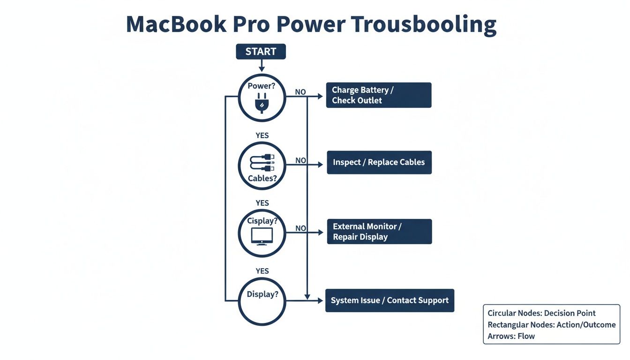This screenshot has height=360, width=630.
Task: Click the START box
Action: pyautogui.click(x=261, y=52)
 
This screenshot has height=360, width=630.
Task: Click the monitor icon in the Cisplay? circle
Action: pyautogui.click(x=262, y=236)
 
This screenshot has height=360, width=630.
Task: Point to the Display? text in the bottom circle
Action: pyautogui.click(x=262, y=294)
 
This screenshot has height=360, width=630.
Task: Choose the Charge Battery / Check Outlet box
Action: pyautogui.click(x=378, y=95)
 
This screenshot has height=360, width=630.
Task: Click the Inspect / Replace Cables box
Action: pyautogui.click(x=379, y=162)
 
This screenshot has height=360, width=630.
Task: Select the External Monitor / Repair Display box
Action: pyautogui.click(x=379, y=232)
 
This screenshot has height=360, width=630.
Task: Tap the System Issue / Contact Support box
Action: pyautogui.click(x=390, y=300)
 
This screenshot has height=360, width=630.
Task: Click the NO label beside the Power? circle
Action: pyautogui.click(x=300, y=92)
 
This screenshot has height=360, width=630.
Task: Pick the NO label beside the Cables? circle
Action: pyautogui.click(x=300, y=160)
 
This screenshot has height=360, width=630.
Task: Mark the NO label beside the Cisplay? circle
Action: pyautogui.click(x=300, y=228)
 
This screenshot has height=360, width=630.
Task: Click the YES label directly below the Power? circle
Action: pyautogui.click(x=262, y=135)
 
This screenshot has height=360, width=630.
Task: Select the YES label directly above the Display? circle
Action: pyautogui.click(x=262, y=271)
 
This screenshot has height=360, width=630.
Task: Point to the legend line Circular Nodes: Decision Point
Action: pyautogui.click(x=541, y=313)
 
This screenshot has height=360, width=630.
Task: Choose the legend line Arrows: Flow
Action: pyautogui.click(x=511, y=336)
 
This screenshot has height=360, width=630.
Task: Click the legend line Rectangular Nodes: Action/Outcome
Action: pyautogui.click(x=552, y=325)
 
